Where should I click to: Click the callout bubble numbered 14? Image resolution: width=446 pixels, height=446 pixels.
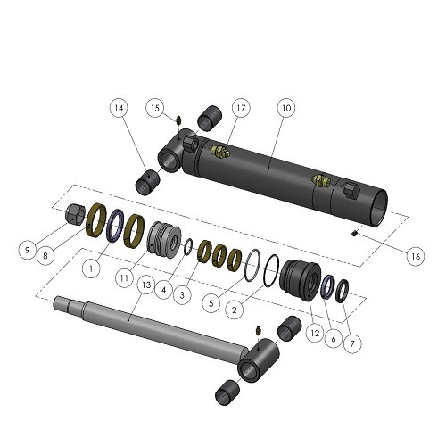coord(119,108)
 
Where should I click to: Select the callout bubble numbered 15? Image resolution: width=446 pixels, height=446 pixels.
coord(155,108)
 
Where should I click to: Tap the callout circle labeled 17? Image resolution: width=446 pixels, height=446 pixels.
coord(241,108)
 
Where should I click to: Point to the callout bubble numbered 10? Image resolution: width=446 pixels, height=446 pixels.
coord(286,108)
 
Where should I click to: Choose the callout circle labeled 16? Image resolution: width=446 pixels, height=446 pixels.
coord(416,256)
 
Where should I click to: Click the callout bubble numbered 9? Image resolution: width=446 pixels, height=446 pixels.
coord(28,250)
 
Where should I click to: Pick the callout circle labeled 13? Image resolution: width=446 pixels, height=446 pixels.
coord(146,285)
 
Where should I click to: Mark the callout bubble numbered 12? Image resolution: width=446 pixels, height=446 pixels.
coord(315,333)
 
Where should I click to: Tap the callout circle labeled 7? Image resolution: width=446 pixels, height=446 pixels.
coord(352,344)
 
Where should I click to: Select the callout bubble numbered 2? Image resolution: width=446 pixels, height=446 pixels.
coord(235,310)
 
